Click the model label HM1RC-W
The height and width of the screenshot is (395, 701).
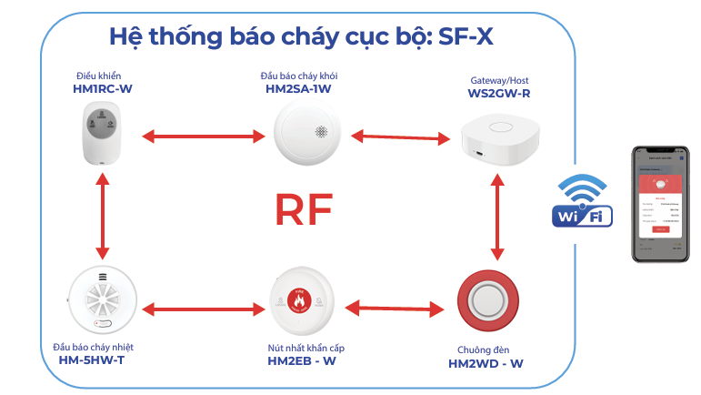pos(101,90)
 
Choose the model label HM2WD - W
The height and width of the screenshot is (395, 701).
pos(486,364)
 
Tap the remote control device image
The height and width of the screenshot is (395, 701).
pos(101,132)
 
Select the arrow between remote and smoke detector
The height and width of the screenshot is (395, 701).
pos(203,137)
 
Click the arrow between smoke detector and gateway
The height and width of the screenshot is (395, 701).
pos(401,137)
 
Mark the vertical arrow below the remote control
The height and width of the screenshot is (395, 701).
pos(102,218)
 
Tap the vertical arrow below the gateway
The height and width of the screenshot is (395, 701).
pos(496,219)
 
